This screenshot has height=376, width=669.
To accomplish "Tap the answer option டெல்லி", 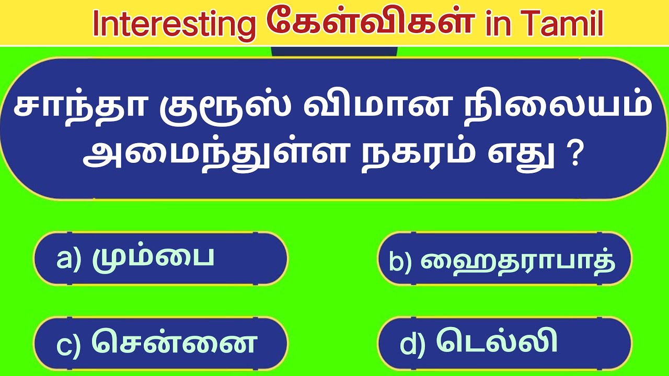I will [497, 343].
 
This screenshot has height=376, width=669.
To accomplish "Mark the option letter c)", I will [68, 345].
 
